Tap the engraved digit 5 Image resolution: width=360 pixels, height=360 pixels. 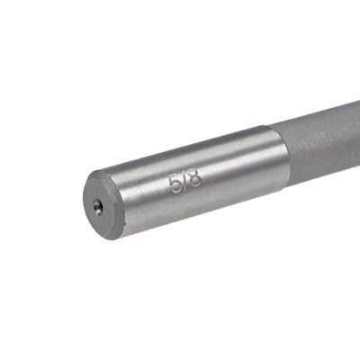click(175, 184)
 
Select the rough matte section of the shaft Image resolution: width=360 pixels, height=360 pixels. click(319, 148)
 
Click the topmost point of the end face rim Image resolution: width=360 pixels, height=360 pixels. click(98, 174)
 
